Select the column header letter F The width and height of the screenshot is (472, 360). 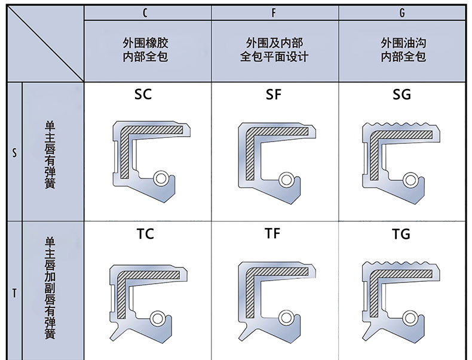click(x=274, y=12)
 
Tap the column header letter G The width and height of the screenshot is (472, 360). click(x=403, y=12)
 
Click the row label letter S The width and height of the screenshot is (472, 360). click(x=14, y=152)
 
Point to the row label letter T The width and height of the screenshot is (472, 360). click(x=14, y=293)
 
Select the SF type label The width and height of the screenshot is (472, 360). click(x=273, y=94)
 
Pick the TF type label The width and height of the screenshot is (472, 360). click(x=272, y=233)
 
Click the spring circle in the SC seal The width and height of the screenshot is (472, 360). click(x=160, y=178)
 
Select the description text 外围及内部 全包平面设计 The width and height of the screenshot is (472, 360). click(x=274, y=50)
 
